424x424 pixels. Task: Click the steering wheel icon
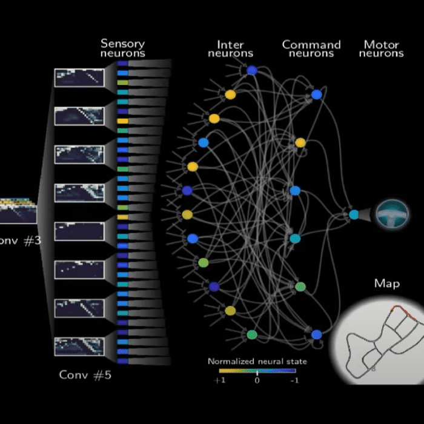coord(392,214)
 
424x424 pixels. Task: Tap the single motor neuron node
coord(354,214)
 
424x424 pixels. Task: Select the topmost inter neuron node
coord(251,71)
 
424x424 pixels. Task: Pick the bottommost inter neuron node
coord(252,334)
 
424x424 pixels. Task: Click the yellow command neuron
coord(300,142)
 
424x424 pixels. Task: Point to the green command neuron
coord(300,287)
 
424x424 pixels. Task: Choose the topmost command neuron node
coord(316,94)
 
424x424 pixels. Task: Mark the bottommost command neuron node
coord(316,334)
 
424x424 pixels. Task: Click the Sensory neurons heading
coord(123,48)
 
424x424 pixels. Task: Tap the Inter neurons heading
coord(230,49)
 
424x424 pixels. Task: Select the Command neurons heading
coord(311,49)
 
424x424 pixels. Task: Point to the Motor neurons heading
coord(381,49)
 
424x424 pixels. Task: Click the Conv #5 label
coord(85,375)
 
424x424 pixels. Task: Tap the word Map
coord(386,283)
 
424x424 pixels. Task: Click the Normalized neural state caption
coord(257,362)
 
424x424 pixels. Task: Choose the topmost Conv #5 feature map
coord(79,78)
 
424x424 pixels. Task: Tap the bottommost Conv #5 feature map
coord(79,346)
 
